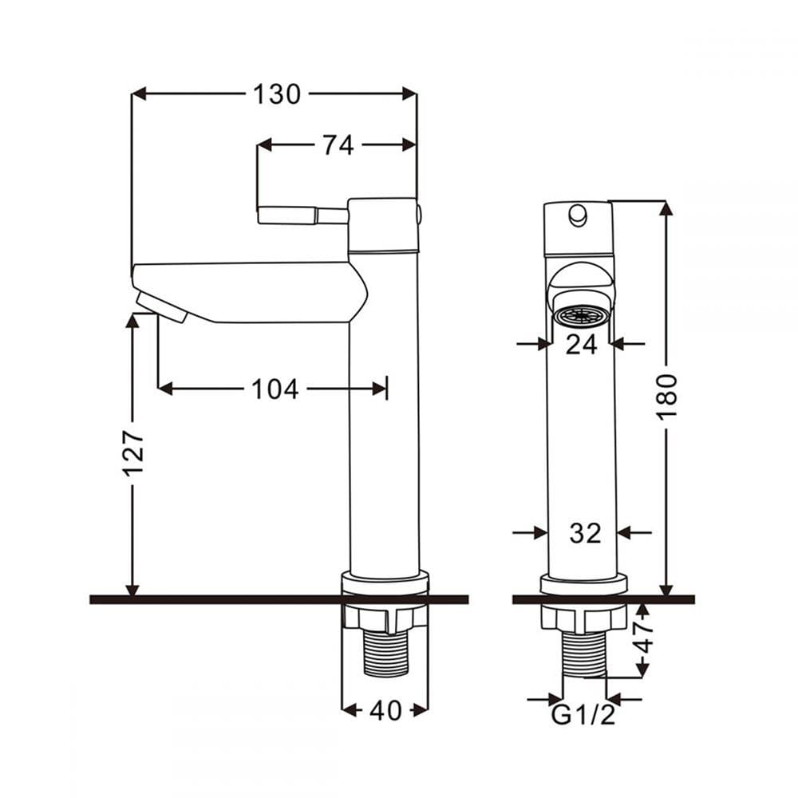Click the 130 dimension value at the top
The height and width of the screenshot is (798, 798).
click(x=277, y=95)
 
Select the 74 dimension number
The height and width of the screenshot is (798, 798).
click(x=338, y=145)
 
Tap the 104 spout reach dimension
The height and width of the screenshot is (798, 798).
click(x=275, y=389)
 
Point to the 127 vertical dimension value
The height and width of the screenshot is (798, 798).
click(x=133, y=453)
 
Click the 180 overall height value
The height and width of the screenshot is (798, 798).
click(x=666, y=397)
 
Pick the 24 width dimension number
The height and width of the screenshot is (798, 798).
click(x=581, y=345)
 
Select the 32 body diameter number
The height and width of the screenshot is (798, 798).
click(x=585, y=533)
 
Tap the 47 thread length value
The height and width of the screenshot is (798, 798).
click(x=643, y=638)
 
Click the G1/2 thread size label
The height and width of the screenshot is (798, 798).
click(x=583, y=715)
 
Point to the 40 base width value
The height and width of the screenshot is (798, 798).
click(x=385, y=710)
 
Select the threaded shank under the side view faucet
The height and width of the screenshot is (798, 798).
click(x=385, y=654)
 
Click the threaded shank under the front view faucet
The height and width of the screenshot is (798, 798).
click(x=584, y=655)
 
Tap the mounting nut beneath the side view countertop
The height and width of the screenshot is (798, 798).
click(x=385, y=618)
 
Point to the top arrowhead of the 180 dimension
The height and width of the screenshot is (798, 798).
click(x=666, y=208)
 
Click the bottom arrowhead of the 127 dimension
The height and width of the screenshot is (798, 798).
click(x=132, y=588)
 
